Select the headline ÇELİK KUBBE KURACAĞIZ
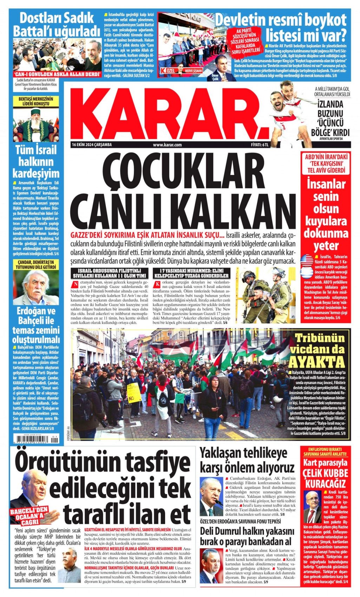click(x=326, y=478)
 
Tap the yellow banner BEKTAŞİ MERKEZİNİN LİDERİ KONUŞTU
click(x=36, y=101)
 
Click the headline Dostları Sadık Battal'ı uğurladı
click(x=57, y=25)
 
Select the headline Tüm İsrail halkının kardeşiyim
click(x=36, y=162)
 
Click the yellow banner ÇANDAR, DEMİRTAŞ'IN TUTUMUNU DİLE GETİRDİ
click(x=36, y=264)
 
